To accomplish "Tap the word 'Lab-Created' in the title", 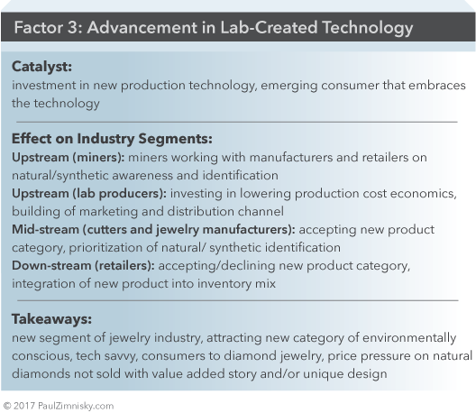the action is [x=269, y=27].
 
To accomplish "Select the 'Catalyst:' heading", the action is [x=41, y=67].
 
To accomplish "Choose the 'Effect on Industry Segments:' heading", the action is [x=112, y=139].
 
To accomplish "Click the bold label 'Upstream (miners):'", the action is [x=69, y=158].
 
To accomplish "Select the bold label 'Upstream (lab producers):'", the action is [x=89, y=194].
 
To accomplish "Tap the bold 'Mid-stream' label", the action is [x=46, y=230].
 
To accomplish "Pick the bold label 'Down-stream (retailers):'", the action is [x=83, y=266].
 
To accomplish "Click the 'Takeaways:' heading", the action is [x=51, y=319].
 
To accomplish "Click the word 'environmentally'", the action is [x=409, y=337].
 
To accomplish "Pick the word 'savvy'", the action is [x=107, y=356].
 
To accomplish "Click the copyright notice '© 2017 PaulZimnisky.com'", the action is [x=59, y=406].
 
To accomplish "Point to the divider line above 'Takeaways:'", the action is [x=238, y=300].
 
